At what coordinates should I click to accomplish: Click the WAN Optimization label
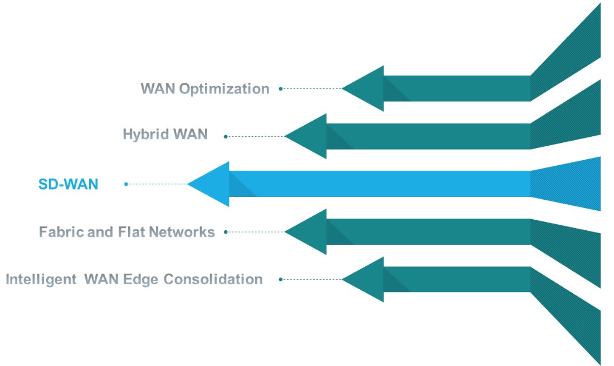pyautogui.click(x=205, y=88)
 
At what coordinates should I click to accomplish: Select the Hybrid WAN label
pyautogui.click(x=165, y=134)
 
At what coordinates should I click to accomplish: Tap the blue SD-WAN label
pyautogui.click(x=68, y=184)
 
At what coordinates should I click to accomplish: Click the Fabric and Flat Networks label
pyautogui.click(x=127, y=231)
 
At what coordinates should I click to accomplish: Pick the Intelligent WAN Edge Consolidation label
pyautogui.click(x=134, y=279)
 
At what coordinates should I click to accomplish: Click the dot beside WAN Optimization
pyautogui.click(x=281, y=88)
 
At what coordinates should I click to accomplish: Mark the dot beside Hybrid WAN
pyautogui.click(x=226, y=136)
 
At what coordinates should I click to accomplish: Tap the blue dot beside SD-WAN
pyautogui.click(x=126, y=184)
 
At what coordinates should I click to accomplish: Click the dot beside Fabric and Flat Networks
pyautogui.click(x=226, y=232)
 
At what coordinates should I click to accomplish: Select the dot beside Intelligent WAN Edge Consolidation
pyautogui.click(x=281, y=279)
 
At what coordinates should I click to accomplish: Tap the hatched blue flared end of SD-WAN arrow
pyautogui.click(x=566, y=184)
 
